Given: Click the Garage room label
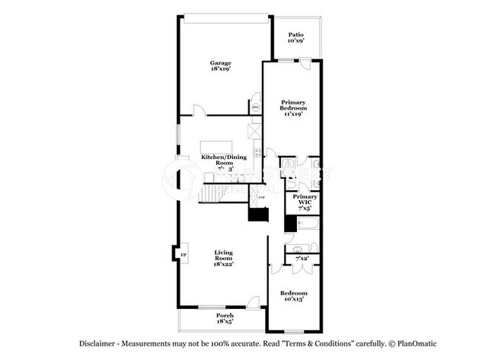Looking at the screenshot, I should point(221,62).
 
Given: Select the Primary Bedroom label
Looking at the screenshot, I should point(293,105).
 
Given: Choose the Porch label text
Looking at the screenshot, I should point(225,315).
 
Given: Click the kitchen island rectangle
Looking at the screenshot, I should point(216,146).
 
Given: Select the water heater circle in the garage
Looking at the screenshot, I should point(256,107).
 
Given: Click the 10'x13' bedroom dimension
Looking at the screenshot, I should point(293,299).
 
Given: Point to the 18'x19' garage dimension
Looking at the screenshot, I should point(221,68).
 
